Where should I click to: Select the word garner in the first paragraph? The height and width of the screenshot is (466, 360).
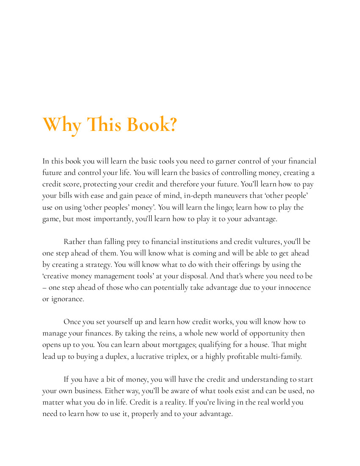(225, 161)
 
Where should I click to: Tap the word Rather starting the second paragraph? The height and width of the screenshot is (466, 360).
(75, 242)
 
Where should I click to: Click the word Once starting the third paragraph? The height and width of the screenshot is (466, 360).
(72, 322)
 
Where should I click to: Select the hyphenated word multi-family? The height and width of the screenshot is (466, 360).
(280, 356)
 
